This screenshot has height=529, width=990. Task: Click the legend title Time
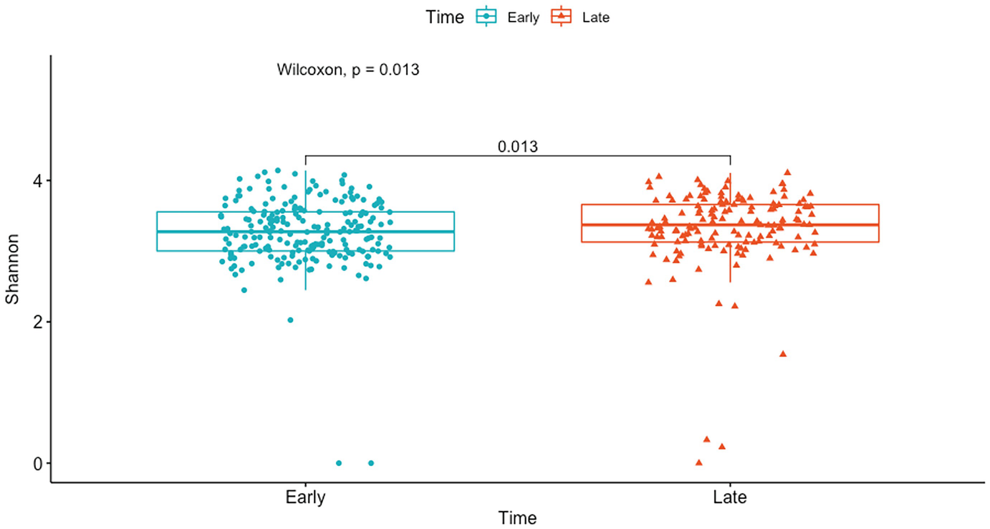pos(443,17)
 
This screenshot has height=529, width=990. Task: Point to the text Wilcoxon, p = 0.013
pos(348,70)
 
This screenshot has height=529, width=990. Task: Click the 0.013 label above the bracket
pos(518,146)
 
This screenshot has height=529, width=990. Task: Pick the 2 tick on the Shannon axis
pos(37,321)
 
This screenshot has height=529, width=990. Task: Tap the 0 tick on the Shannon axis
pos(37,463)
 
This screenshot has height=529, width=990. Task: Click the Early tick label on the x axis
pos(306,497)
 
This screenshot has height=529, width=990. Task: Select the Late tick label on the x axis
pos(730,497)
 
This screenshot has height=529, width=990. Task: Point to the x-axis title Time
pos(518,518)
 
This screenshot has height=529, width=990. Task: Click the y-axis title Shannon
pos(13,295)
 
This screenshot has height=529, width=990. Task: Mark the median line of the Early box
pos(236,232)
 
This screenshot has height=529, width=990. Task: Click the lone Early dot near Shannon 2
pos(290,320)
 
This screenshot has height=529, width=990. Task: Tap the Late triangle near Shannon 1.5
pos(783,353)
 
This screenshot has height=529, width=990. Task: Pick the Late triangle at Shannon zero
pos(698,462)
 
